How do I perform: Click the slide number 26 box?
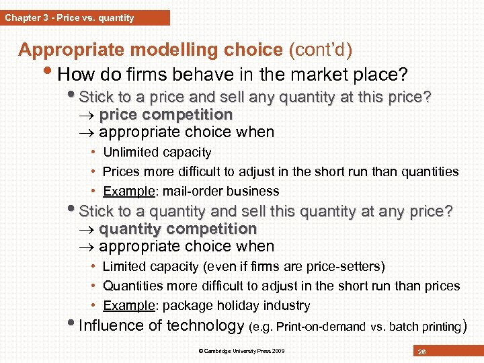click(x=421, y=351)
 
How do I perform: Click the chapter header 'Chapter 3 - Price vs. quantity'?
click(x=70, y=17)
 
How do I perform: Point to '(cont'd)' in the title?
click(x=320, y=50)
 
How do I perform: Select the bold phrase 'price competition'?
click(x=165, y=115)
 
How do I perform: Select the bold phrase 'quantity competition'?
click(x=177, y=229)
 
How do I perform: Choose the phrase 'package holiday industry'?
click(x=236, y=305)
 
